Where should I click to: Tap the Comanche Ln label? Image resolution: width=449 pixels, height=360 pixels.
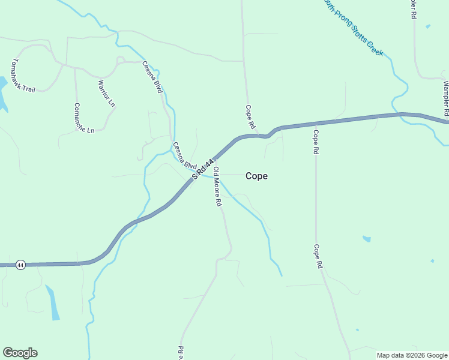coord(84,118)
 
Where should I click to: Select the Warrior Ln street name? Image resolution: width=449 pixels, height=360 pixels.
coord(106,94)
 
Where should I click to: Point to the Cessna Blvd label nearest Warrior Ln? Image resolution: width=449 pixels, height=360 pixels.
coord(152,77)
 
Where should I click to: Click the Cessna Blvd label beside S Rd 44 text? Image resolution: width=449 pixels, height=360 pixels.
coord(185,155)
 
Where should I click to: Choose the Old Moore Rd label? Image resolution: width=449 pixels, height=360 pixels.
coord(217,187)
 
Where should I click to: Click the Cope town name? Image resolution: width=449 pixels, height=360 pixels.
coord(256,176)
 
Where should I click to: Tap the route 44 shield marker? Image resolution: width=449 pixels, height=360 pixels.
coord(20,265)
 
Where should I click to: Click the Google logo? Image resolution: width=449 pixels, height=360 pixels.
coord(20,353)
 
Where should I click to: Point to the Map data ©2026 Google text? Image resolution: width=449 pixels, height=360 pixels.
coord(412,355)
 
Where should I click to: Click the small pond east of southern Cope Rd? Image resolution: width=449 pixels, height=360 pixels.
coord(366,239)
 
